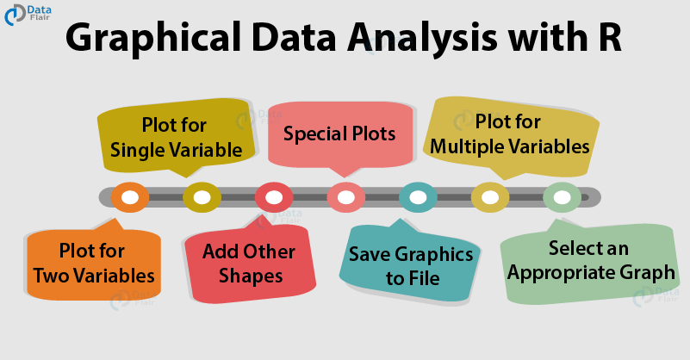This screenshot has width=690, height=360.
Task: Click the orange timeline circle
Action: (130, 197)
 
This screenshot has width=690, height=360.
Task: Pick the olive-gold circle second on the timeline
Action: (202, 197)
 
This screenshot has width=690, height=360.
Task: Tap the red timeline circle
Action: (274, 197)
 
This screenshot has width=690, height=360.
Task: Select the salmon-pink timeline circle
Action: (345, 197)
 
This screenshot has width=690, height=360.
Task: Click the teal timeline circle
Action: (418, 197)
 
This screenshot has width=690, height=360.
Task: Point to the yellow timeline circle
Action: (489, 197)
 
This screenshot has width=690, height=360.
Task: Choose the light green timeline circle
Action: (562, 197)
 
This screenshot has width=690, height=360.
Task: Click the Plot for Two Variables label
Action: (94, 264)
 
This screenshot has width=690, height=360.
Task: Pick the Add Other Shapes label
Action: (249, 264)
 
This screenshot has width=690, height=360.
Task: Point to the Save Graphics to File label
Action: (411, 266)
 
